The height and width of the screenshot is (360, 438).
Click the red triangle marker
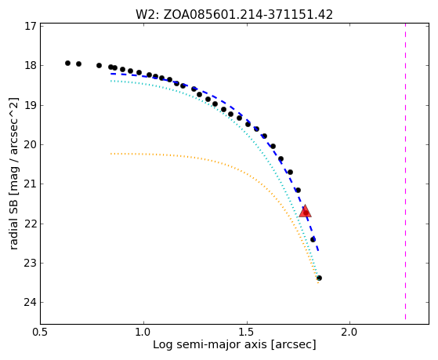coord(305,212)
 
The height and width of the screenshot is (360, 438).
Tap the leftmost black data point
coord(67,64)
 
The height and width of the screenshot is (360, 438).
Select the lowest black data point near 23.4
coord(319,278)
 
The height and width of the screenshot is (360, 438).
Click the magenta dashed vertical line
coord(405,172)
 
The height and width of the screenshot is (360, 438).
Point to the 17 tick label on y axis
coord(31,27)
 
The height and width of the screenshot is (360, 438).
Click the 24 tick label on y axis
coord(31,303)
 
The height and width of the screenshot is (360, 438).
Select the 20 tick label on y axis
coord(31,145)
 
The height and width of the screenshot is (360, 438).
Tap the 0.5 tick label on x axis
coord(41,332)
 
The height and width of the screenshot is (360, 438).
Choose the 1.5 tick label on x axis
coord(247,332)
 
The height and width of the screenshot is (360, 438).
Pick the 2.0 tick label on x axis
coord(350,332)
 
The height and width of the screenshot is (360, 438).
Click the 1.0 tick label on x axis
coord(144,332)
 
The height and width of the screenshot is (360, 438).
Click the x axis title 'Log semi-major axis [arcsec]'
coord(234,345)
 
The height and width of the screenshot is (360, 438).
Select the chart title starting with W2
coord(234,15)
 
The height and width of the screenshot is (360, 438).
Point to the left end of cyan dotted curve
coord(111,81)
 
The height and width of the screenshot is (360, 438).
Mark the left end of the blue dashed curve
coord(111,74)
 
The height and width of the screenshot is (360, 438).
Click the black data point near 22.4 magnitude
coord(313,240)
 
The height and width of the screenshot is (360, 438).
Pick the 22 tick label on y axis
coord(31,224)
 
